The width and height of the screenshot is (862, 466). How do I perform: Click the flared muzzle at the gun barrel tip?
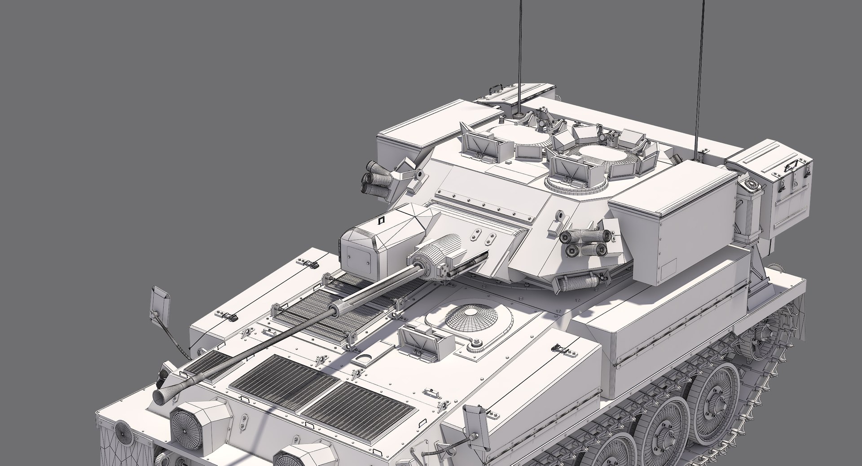coord(163,396)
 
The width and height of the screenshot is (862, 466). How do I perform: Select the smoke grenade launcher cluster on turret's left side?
coord(377,180)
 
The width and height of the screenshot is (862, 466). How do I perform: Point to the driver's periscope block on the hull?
coord(422,341)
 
